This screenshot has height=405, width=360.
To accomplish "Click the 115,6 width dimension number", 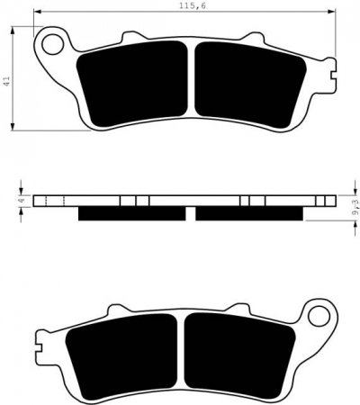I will coord(188,6).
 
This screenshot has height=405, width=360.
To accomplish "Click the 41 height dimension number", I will coord(7,82).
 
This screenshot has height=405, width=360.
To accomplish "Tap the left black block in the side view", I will coord(134,213).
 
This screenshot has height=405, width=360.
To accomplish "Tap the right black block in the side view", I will coord(250,213).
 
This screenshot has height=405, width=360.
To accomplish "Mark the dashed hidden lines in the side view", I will coord(44,201).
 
